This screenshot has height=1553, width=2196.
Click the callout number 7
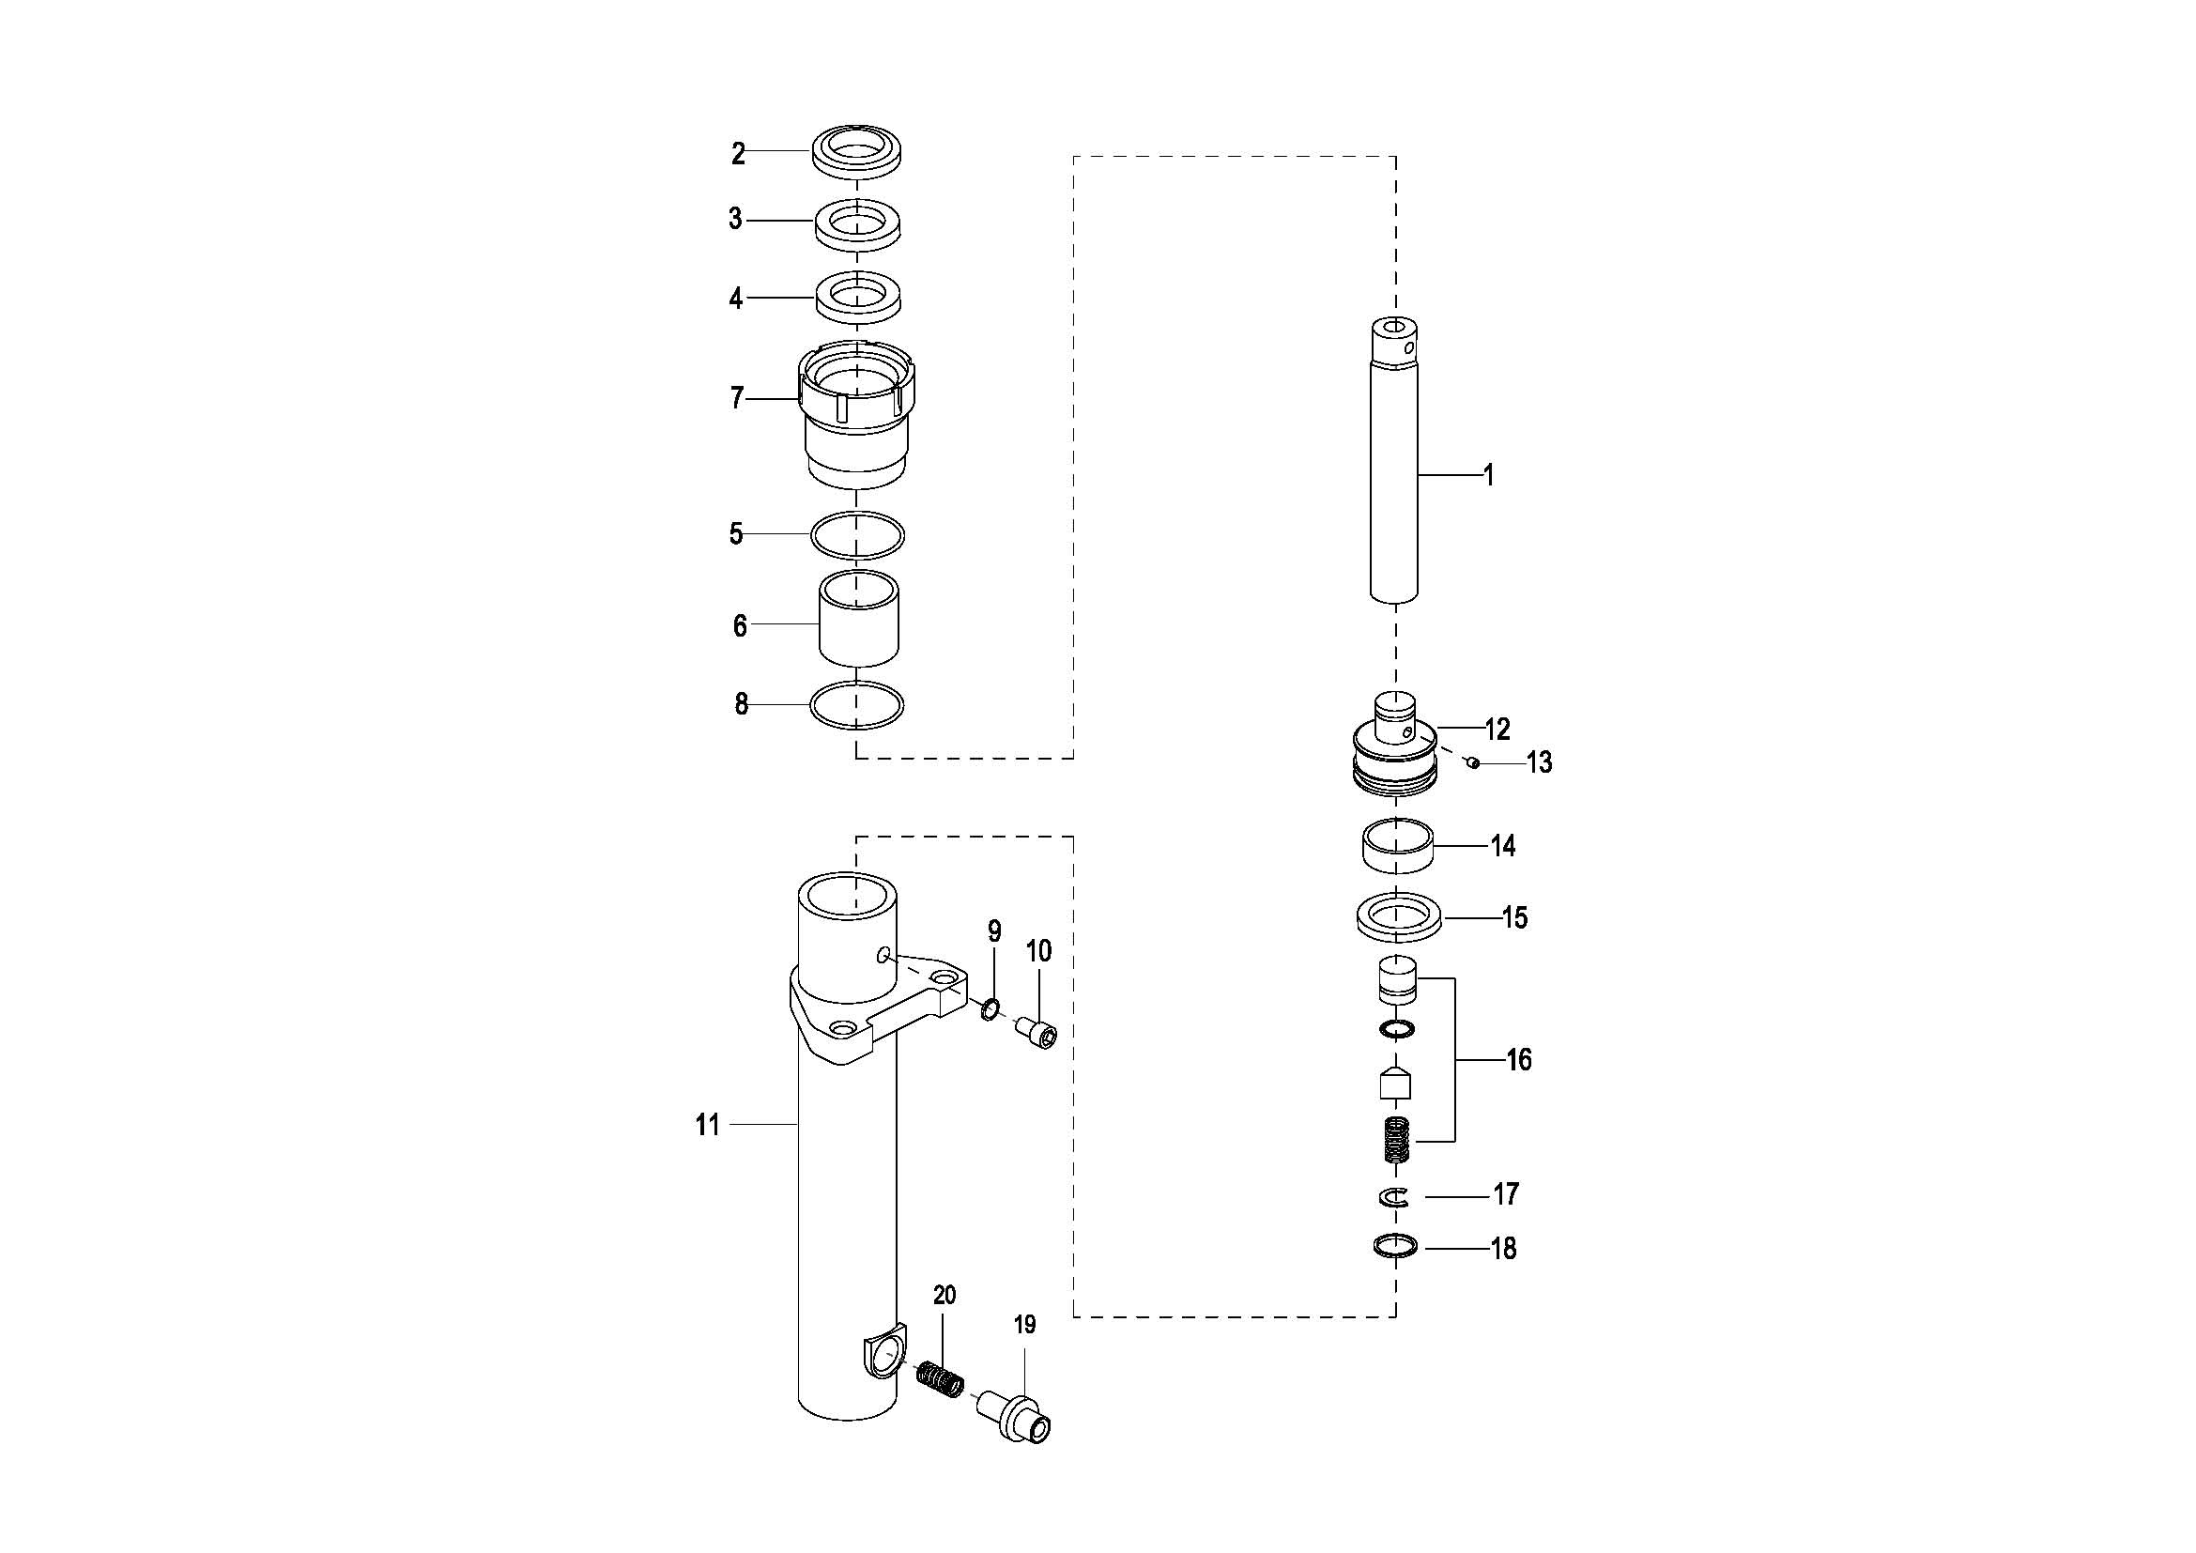point(736,398)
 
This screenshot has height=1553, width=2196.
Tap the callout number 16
point(1519,1059)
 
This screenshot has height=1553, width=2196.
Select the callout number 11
point(708,1125)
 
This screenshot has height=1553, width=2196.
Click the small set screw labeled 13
point(1475,762)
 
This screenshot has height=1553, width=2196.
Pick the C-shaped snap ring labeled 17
point(1394,1196)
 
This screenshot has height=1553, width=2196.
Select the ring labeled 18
point(1394,1247)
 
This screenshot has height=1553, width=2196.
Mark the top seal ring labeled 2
point(860,151)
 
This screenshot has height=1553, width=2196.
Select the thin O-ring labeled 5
point(857,533)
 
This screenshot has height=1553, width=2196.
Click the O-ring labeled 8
point(857,706)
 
